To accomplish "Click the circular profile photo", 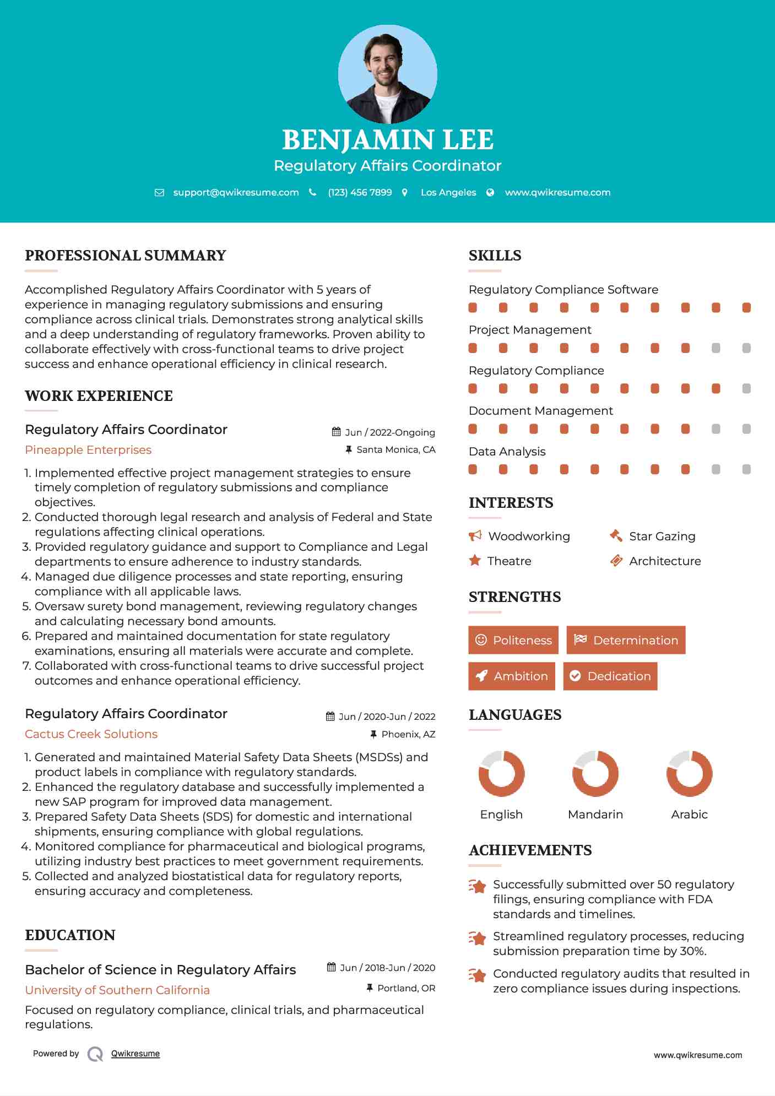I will point(387,74).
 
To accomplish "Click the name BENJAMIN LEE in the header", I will point(387,140).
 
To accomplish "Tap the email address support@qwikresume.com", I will point(236,192).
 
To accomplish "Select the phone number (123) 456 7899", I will point(360,192).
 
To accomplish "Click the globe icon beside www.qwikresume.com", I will point(490,192).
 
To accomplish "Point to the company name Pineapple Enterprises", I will point(88,450).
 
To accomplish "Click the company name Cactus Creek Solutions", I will point(91,734).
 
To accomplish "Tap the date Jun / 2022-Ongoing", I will point(389,432).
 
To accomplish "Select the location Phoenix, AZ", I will point(408,734).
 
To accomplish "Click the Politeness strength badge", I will point(513,640).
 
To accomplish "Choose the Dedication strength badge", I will point(610,676).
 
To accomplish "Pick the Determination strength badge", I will point(626,640).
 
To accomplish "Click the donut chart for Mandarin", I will point(595,773).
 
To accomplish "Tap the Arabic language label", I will point(689,815).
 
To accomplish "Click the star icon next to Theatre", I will point(475,561).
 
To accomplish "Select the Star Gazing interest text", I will point(662,536).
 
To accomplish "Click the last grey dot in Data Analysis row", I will point(746,469).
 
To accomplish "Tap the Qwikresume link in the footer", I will point(136,1054).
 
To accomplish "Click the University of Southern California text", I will point(117,990).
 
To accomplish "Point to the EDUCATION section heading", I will point(70,935).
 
